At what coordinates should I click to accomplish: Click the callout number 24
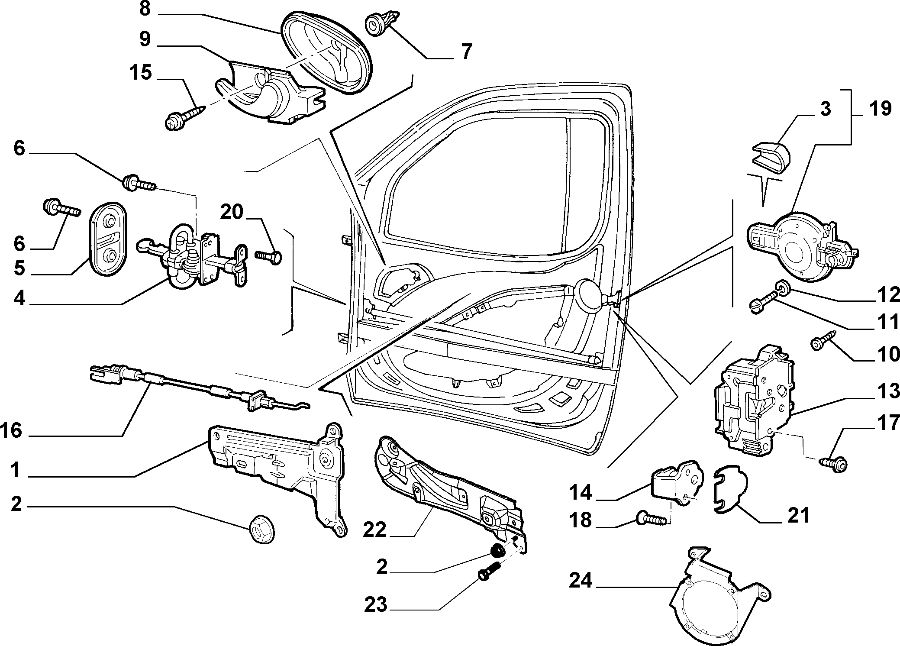pyautogui.click(x=580, y=581)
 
